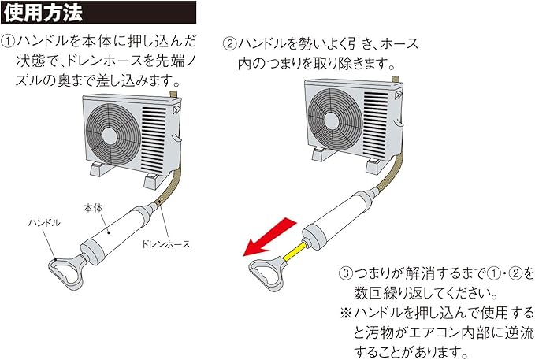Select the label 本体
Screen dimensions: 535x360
(x=93, y=206)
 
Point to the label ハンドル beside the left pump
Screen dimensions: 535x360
(x=44, y=223)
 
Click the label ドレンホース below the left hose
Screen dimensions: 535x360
(x=167, y=245)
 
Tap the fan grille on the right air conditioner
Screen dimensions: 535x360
(x=335, y=112)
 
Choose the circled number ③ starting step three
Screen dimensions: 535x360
(x=347, y=273)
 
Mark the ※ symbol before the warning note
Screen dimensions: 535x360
(x=346, y=313)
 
